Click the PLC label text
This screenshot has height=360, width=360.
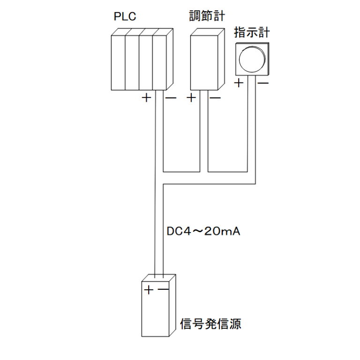[x=125, y=17]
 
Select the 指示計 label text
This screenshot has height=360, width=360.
[x=252, y=33]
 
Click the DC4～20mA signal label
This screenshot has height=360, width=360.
[x=203, y=231]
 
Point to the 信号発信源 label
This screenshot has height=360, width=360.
[x=211, y=323]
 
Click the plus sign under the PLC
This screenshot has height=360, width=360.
[x=146, y=98]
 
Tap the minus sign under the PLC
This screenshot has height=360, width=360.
[x=170, y=98]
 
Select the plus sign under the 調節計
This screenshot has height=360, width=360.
[x=191, y=98]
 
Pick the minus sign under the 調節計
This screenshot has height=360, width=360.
[x=215, y=98]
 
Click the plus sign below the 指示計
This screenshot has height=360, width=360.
[x=239, y=83]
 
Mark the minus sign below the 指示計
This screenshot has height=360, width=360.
[x=263, y=83]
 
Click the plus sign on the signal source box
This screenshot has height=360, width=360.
[x=149, y=290]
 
